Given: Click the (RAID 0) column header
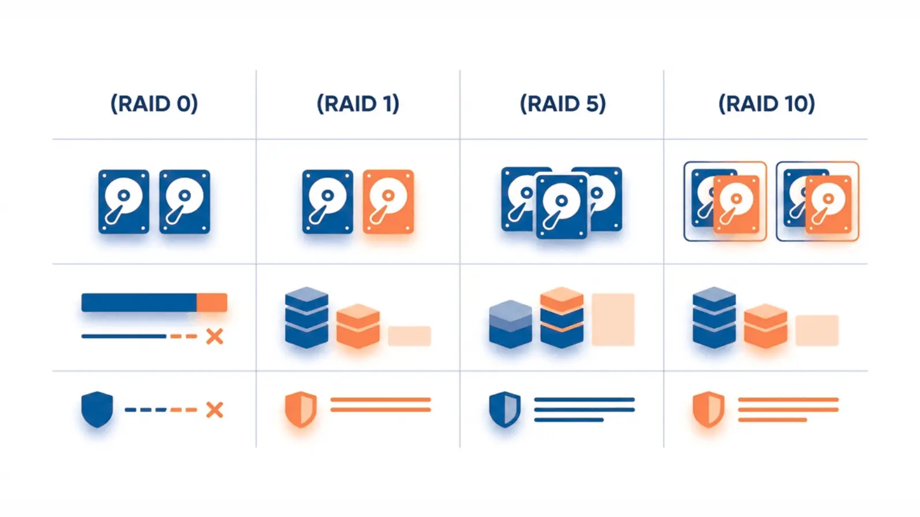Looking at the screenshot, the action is pyautogui.click(x=154, y=103).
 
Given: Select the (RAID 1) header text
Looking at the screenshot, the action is pyautogui.click(x=358, y=103).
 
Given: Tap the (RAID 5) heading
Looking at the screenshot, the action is pyautogui.click(x=563, y=103).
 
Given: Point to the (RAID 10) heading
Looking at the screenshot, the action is pyautogui.click(x=766, y=103).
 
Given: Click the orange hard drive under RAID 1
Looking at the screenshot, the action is pyautogui.click(x=388, y=201).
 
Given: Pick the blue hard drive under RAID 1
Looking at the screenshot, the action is pyautogui.click(x=327, y=201).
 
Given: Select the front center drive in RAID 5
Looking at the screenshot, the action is pyautogui.click(x=562, y=207).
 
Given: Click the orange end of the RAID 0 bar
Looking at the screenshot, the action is pyautogui.click(x=212, y=303).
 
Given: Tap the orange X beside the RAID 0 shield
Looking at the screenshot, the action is pyautogui.click(x=214, y=410).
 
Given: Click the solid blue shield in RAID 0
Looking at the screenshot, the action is pyautogui.click(x=97, y=410).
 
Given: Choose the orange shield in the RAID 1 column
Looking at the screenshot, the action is pyautogui.click(x=301, y=410).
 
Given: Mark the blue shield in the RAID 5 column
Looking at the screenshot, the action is pyautogui.click(x=505, y=410).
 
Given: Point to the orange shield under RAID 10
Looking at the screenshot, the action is pyautogui.click(x=709, y=410).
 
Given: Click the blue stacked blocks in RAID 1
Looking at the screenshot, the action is pyautogui.click(x=306, y=317).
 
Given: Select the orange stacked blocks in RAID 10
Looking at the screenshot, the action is pyautogui.click(x=765, y=326).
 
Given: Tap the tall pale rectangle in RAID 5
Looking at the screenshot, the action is pyautogui.click(x=613, y=320).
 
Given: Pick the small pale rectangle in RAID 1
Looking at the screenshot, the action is pyautogui.click(x=409, y=336).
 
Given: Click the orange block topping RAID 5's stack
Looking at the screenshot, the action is pyautogui.click(x=562, y=299).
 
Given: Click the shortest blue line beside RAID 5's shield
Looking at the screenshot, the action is pyautogui.click(x=569, y=419).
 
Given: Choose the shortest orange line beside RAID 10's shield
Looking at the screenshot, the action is pyautogui.click(x=773, y=419).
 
